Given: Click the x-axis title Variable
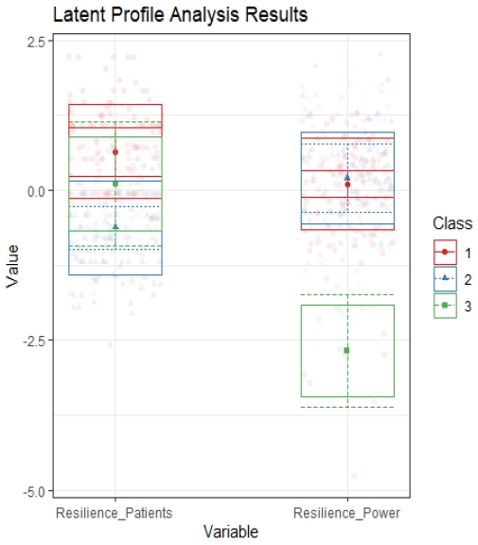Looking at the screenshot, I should click(x=230, y=532).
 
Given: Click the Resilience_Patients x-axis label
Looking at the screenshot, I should click(x=115, y=513).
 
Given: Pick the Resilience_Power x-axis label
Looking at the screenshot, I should click(x=346, y=513).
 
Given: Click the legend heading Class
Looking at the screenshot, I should click(x=451, y=223).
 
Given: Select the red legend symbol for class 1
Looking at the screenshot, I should click(x=444, y=253).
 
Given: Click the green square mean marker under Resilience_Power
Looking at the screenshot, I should click(x=346, y=350).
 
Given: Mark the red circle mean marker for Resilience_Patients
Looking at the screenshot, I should click(x=115, y=151).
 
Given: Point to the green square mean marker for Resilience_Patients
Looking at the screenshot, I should click(x=115, y=184).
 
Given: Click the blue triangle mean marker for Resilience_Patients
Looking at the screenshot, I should click(x=115, y=226).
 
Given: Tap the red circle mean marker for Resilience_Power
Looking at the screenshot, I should click(x=347, y=185).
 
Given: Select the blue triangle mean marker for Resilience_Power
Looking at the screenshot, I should click(x=347, y=177).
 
